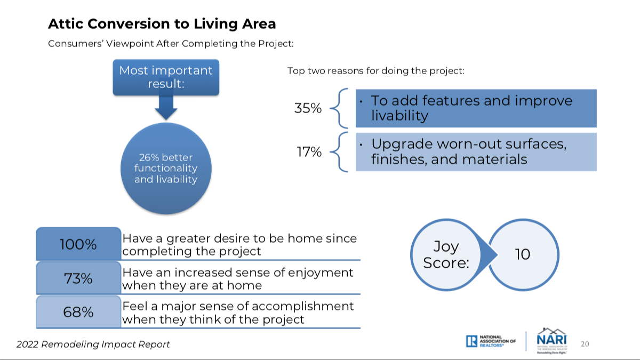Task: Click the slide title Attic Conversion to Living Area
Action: tap(162, 23)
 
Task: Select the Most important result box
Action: tap(166, 77)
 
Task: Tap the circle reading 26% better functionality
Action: tap(166, 169)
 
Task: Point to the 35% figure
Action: tap(308, 108)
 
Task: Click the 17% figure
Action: tap(309, 151)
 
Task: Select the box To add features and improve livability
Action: tap(476, 108)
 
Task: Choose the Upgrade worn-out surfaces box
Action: tap(476, 151)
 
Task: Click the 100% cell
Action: tap(78, 244)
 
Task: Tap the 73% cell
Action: tap(78, 278)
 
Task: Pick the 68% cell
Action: tap(78, 311)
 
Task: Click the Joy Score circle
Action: tap(446, 254)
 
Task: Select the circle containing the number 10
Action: tap(523, 254)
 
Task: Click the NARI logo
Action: tap(551, 341)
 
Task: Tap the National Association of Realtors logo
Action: tap(491, 341)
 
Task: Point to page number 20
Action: tap(585, 344)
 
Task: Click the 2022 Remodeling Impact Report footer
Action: tap(93, 345)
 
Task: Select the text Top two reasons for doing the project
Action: tap(375, 71)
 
